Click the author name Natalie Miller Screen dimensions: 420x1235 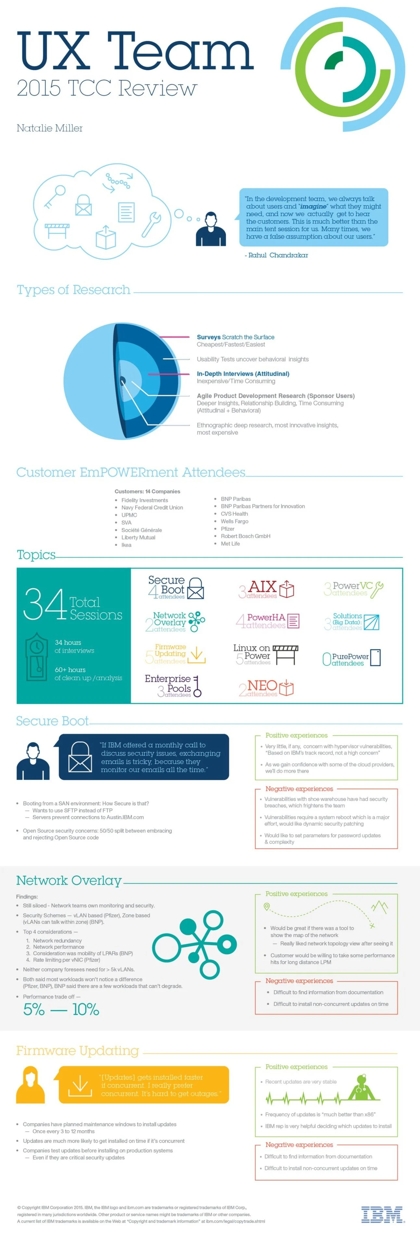(50, 128)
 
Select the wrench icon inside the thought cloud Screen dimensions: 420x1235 (151, 224)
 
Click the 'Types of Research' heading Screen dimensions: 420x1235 (74, 290)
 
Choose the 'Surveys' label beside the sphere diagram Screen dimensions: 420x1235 (209, 337)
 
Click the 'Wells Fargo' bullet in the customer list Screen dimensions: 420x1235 (235, 521)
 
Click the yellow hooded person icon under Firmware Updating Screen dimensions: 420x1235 (31, 1084)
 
